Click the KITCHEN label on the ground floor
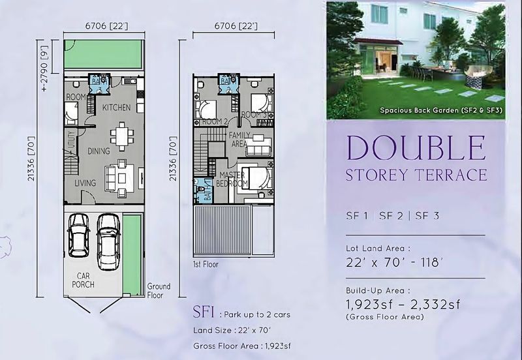[x=117, y=108]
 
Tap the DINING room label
[x=99, y=151]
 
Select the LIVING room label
[x=85, y=183]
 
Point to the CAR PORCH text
[x=84, y=280]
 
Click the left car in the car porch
[x=78, y=235]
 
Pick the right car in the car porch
[x=108, y=241]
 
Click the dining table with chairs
[x=122, y=136]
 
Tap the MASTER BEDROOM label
[x=232, y=179]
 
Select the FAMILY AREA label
[x=239, y=140]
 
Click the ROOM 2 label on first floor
[x=215, y=121]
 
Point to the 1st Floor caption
[x=206, y=265]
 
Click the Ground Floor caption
[x=159, y=290]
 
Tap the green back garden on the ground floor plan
[x=104, y=54]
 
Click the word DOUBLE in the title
[x=416, y=148]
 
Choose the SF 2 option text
[x=391, y=216]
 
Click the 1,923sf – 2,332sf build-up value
[x=403, y=304]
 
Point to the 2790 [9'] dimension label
[x=44, y=68]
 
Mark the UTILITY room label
[x=71, y=139]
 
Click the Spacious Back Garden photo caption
[x=441, y=110]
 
